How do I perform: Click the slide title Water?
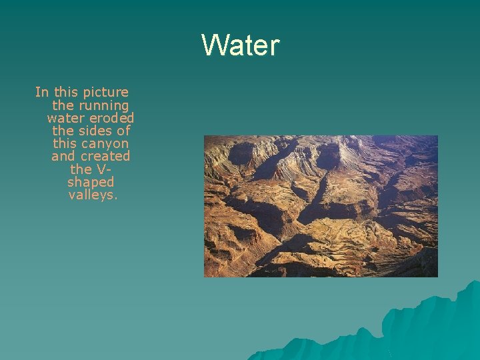pos(240,46)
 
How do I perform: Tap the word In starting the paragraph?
pos(41,92)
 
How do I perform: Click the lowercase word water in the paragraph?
pos(65,118)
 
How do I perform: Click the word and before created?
pos(63,156)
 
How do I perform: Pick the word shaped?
pos(91,182)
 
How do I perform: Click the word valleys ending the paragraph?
pos(93,195)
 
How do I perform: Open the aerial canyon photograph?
pos(321,206)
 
